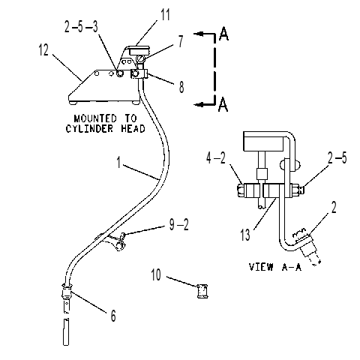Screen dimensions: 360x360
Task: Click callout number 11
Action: (x=165, y=14)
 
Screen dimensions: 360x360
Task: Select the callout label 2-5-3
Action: (x=81, y=27)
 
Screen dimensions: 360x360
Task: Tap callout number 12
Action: (x=43, y=49)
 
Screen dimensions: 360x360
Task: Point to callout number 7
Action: (x=181, y=41)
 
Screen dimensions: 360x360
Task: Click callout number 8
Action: (x=181, y=86)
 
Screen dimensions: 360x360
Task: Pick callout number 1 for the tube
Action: (x=118, y=163)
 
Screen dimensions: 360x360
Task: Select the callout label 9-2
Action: (x=179, y=224)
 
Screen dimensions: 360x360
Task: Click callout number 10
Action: (x=156, y=274)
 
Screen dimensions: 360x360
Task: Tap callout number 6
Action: (x=113, y=316)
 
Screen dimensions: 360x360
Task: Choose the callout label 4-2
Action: (x=216, y=158)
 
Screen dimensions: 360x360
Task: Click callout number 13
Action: (x=245, y=235)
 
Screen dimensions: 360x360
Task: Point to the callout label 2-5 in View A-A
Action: (x=337, y=157)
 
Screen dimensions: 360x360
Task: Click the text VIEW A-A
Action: (x=275, y=267)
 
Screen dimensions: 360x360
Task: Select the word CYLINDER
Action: (x=89, y=128)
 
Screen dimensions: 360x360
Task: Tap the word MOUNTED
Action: (x=91, y=118)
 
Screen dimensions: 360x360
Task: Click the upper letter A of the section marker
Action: (x=223, y=34)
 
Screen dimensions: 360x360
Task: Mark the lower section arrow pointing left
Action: (x=205, y=104)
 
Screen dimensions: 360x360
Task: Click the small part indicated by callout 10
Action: (x=202, y=291)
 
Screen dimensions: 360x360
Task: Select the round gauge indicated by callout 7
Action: (x=141, y=60)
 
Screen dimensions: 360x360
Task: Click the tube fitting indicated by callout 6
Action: (x=67, y=292)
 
